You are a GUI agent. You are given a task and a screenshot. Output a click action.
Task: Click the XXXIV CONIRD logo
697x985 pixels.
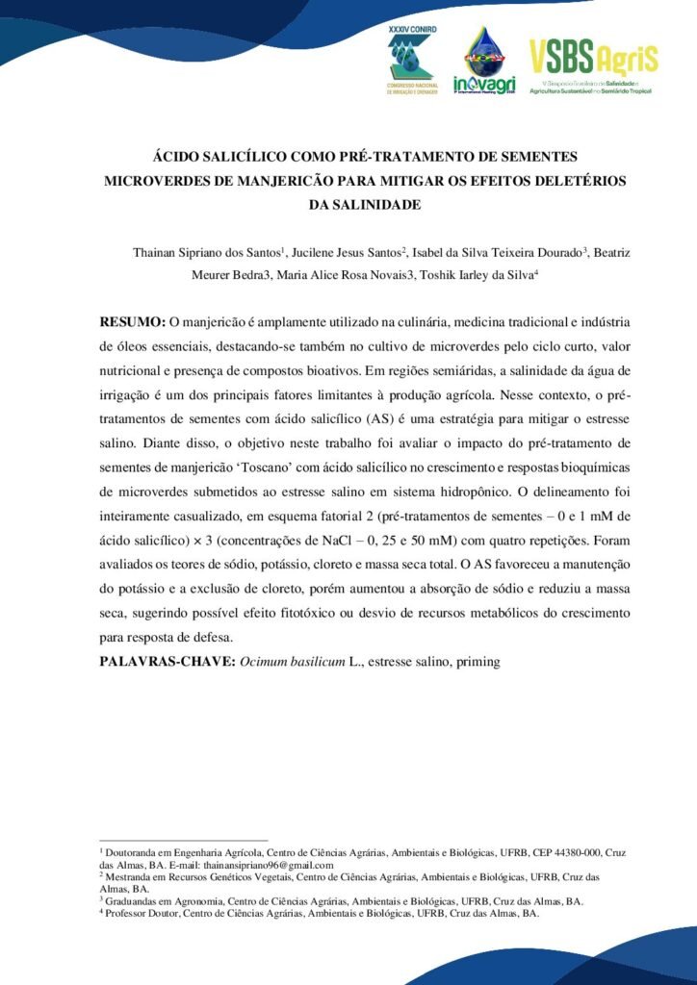(411, 60)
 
